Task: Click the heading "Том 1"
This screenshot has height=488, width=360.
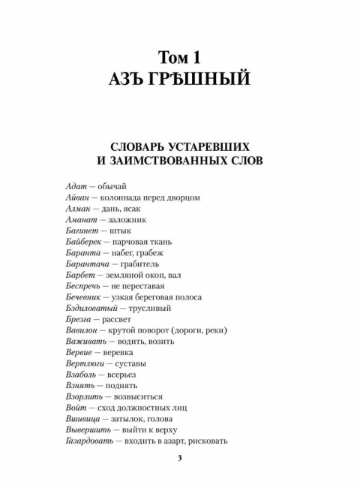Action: pos(180,56)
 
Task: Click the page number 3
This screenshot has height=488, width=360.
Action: pos(179,459)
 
